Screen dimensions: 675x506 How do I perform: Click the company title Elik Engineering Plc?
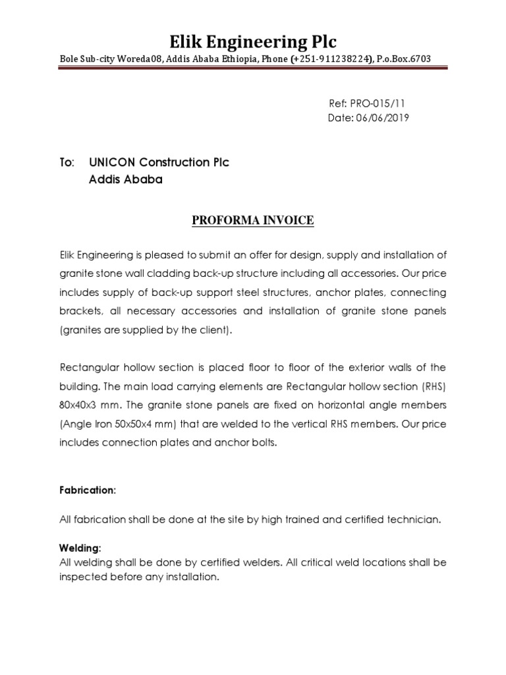tap(253, 42)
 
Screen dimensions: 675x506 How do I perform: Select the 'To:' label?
tap(67, 162)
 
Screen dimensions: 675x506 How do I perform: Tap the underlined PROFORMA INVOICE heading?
tap(253, 221)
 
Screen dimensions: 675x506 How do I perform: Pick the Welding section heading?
tap(80, 548)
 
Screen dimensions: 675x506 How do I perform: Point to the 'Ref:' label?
tap(337, 103)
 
